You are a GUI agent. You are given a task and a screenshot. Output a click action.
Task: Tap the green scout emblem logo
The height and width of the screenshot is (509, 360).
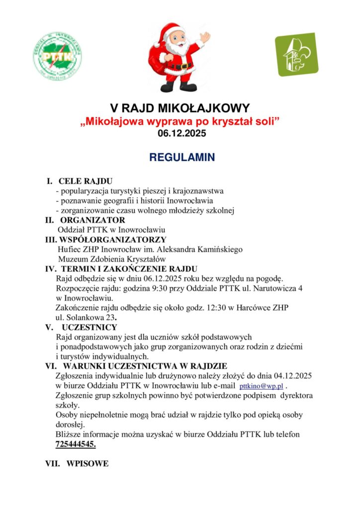point(297,54)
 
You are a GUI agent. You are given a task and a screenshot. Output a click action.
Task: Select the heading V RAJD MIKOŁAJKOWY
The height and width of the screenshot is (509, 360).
point(180,108)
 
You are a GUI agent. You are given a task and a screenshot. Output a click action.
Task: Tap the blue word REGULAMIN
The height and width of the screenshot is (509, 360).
point(182,158)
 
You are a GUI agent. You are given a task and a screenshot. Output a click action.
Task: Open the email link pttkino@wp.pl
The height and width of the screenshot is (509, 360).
point(261,386)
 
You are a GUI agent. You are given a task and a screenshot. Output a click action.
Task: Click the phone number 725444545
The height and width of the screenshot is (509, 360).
point(76,444)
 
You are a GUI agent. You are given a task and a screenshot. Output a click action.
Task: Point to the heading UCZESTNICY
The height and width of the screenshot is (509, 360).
point(90,327)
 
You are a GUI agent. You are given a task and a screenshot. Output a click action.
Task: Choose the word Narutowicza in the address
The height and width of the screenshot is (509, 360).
point(273,288)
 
